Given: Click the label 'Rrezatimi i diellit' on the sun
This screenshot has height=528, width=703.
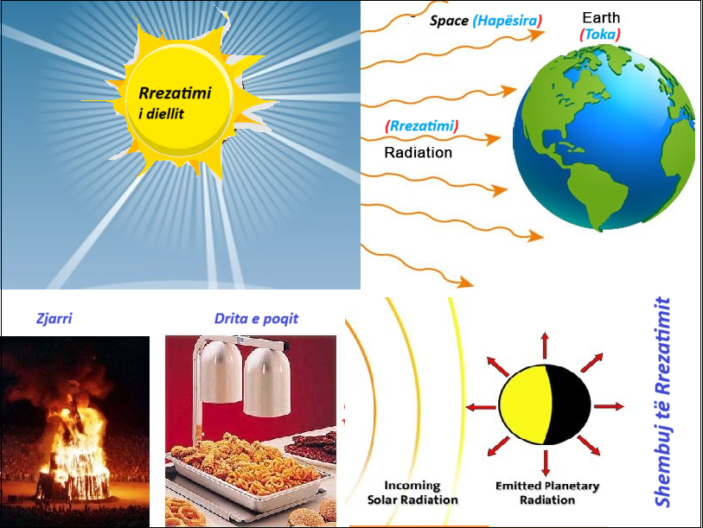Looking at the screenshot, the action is click(x=175, y=103).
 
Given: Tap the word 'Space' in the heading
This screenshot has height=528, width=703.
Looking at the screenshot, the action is click(x=449, y=21).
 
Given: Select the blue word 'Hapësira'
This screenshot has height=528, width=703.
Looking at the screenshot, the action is click(x=507, y=21).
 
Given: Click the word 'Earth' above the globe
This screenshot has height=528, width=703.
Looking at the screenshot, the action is click(x=601, y=17).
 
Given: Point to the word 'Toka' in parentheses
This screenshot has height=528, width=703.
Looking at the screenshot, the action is click(x=600, y=34).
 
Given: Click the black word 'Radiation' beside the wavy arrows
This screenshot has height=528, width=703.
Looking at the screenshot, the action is click(x=418, y=152).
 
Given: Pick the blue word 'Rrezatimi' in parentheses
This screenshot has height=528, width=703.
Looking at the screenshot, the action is click(x=422, y=125).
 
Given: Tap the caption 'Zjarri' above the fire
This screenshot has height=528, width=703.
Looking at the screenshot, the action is click(x=54, y=318).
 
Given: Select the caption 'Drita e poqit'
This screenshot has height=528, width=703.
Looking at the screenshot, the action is click(x=256, y=319).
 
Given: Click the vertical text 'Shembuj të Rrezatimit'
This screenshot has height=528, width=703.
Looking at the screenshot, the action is click(x=662, y=402).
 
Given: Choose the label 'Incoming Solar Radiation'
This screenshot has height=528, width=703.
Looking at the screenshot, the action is click(x=412, y=493).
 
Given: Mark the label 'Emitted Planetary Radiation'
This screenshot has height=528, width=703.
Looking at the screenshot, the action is click(x=547, y=493).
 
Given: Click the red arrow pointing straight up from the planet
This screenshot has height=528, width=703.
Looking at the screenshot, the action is click(x=545, y=345).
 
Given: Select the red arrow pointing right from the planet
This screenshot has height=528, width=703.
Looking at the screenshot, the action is click(x=609, y=406).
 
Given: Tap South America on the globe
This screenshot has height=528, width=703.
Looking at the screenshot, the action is click(x=596, y=196).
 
